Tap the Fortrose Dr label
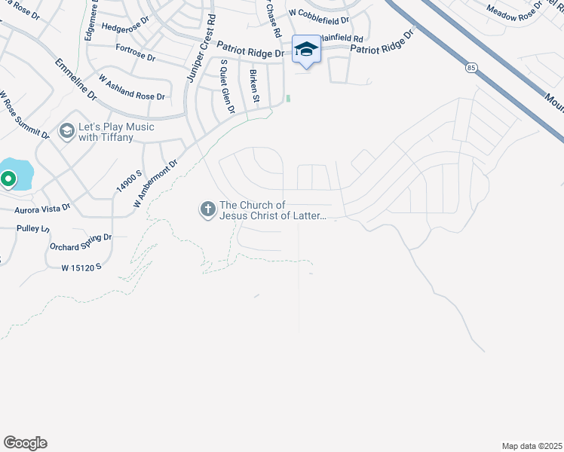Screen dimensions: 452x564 (x=136, y=52)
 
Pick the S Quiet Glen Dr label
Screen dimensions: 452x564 (x=224, y=87)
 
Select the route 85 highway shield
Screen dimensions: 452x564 (x=471, y=68)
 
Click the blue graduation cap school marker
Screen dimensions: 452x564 (x=306, y=50)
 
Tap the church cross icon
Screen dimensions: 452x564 (x=207, y=210)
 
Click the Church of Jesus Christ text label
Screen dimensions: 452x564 (x=273, y=210)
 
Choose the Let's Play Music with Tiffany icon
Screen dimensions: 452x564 (x=67, y=133)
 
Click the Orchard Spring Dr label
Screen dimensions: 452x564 (x=80, y=242)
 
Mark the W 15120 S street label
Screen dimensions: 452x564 (x=81, y=267)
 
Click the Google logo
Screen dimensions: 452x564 (x=25, y=443)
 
